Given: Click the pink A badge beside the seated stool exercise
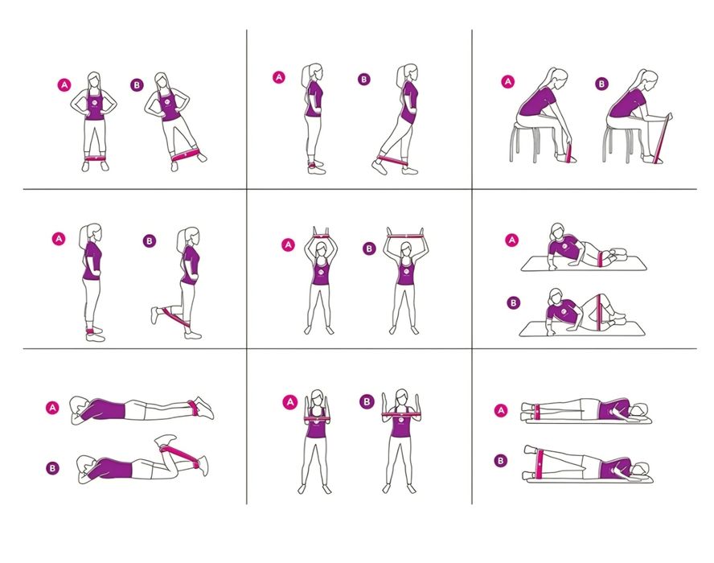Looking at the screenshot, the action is point(507,82).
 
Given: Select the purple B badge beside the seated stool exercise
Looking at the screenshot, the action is point(601,84).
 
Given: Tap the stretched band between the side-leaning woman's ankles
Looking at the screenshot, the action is point(186,154).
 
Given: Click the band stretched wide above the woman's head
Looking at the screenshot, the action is point(404,235).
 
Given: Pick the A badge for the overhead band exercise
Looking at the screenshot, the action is point(288,245).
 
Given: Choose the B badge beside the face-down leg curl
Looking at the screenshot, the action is point(52,468).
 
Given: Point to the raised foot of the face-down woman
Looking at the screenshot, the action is point(165,440).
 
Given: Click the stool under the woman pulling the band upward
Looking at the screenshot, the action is point(619,142).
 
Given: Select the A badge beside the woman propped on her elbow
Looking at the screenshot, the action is point(512,240).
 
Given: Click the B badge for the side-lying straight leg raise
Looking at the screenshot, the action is point(500,461).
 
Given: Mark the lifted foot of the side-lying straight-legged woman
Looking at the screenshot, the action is point(530,449).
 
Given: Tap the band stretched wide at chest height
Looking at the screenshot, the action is point(400,414).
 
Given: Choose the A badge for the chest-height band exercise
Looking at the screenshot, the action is point(289,402).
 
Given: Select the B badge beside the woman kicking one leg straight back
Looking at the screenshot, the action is point(363,80).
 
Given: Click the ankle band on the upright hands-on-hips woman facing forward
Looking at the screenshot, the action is point(96,159).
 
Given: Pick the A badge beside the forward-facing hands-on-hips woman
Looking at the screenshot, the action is point(64,84).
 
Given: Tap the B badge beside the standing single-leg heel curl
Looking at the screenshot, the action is point(150,241).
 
